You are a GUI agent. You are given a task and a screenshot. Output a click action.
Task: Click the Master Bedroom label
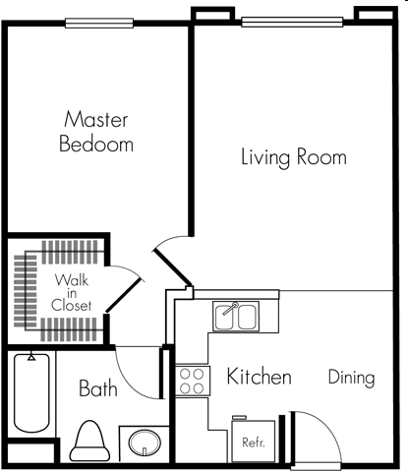pos(97,132)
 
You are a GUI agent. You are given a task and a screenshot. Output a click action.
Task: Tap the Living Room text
pos(293,157)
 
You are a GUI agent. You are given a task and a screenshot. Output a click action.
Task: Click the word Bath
pos(98,388)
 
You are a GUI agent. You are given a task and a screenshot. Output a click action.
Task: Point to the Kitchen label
pos(259,377)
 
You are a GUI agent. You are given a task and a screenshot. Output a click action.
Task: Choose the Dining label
pos(351,377)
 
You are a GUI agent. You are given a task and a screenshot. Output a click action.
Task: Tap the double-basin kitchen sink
pos(236,317)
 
